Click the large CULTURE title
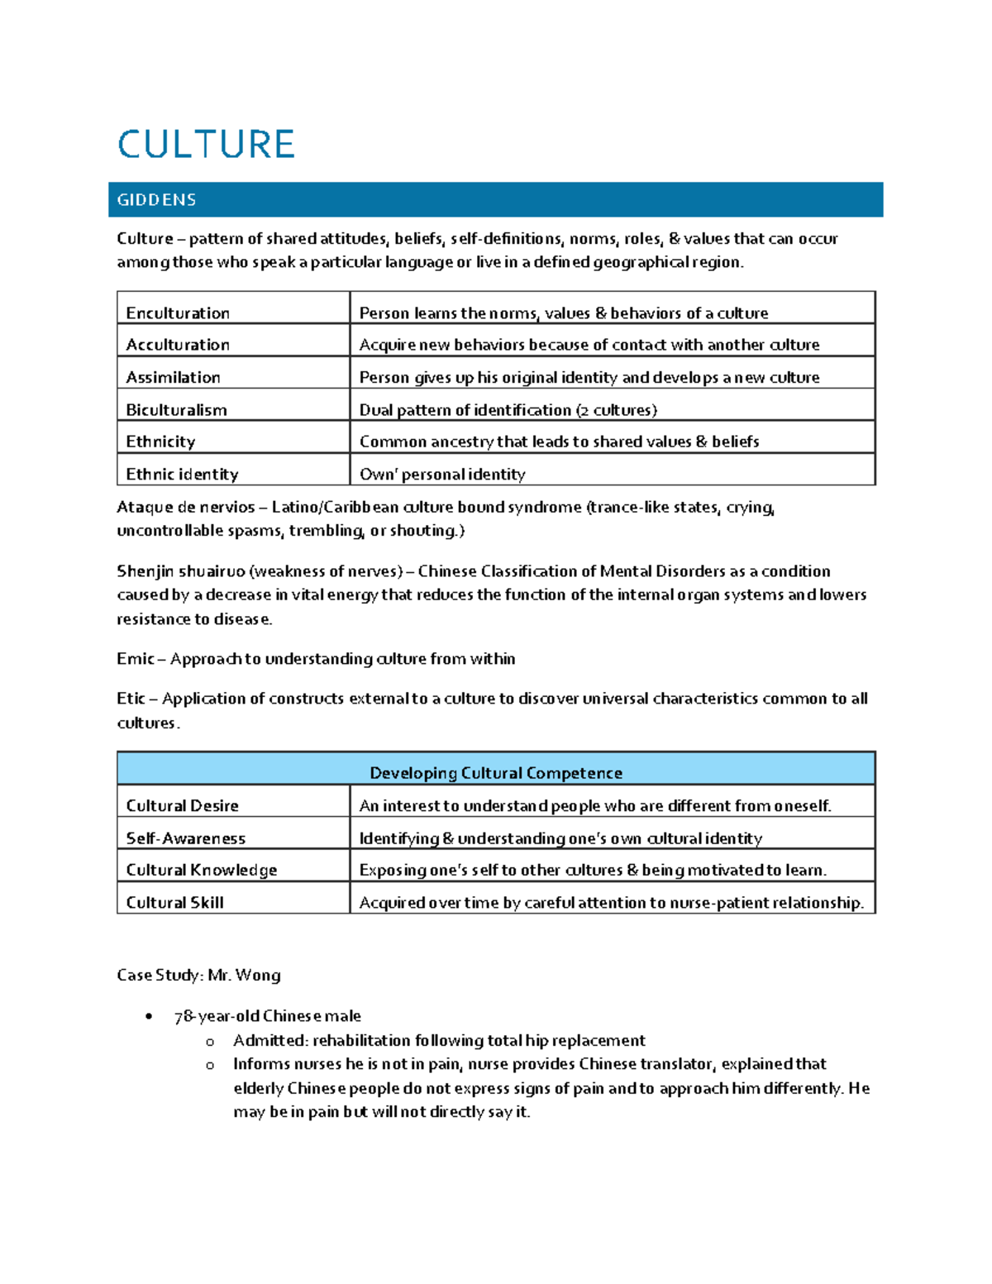point(206,145)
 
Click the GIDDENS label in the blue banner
point(156,200)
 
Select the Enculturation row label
point(178,313)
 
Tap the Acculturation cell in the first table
point(178,345)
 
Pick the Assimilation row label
point(173,378)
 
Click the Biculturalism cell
point(176,410)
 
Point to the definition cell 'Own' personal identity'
point(442,475)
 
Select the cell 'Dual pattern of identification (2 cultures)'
point(508,410)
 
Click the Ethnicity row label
point(160,442)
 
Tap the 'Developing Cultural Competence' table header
point(495,773)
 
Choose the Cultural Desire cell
point(182,806)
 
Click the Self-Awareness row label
point(185,838)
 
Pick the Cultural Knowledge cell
point(201,871)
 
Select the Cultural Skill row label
point(174,903)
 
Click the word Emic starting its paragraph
point(135,659)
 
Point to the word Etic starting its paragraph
point(131,699)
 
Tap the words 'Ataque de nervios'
point(185,508)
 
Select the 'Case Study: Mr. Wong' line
point(198,976)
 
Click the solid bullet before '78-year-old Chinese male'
point(149,1017)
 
